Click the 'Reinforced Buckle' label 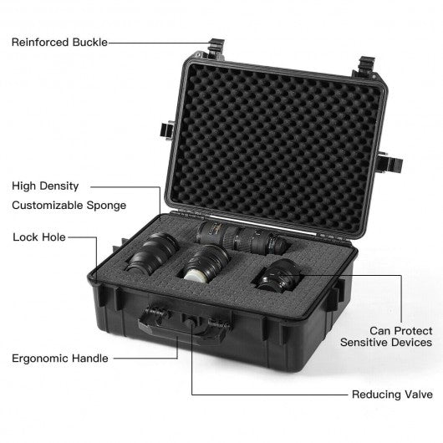point(59,43)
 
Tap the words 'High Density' point(45,186)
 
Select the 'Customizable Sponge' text point(69,206)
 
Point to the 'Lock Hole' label point(39,237)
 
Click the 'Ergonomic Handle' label point(60,359)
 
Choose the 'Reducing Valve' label point(392,395)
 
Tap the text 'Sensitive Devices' point(386,343)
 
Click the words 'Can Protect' point(401,330)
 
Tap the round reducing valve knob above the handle point(190,322)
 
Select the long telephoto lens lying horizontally point(242,237)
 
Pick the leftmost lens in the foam point(152,253)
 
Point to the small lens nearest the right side point(278,275)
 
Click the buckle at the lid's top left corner point(216,48)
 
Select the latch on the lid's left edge point(167,130)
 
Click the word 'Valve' point(419,395)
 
